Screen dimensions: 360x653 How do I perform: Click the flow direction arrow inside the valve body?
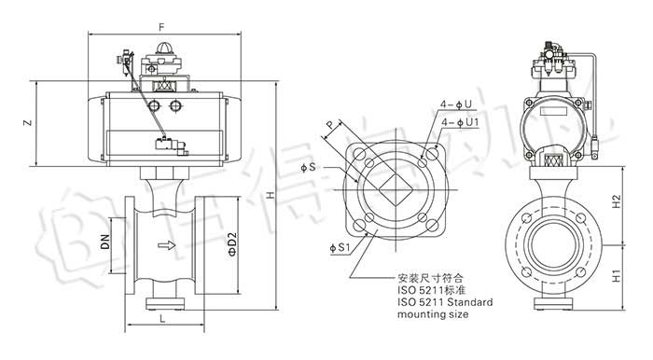click(x=166, y=246)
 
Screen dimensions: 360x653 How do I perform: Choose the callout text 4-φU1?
click(x=460, y=122)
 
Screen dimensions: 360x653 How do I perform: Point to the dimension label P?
click(x=328, y=124)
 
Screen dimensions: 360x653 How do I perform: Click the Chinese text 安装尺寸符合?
click(x=431, y=277)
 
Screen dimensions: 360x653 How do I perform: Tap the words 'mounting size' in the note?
click(x=434, y=314)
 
